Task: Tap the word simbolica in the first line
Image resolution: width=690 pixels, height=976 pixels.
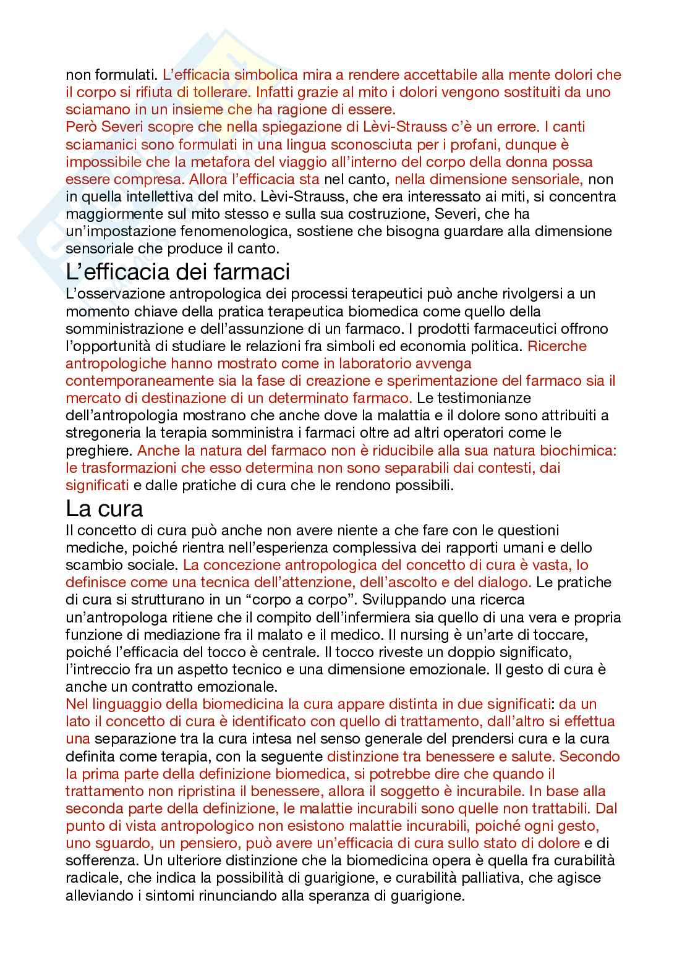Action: (x=262, y=75)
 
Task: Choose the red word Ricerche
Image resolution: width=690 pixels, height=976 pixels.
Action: (x=557, y=346)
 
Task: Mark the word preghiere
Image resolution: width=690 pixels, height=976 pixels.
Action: (x=98, y=449)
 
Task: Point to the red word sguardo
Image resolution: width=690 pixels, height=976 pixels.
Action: (x=127, y=842)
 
